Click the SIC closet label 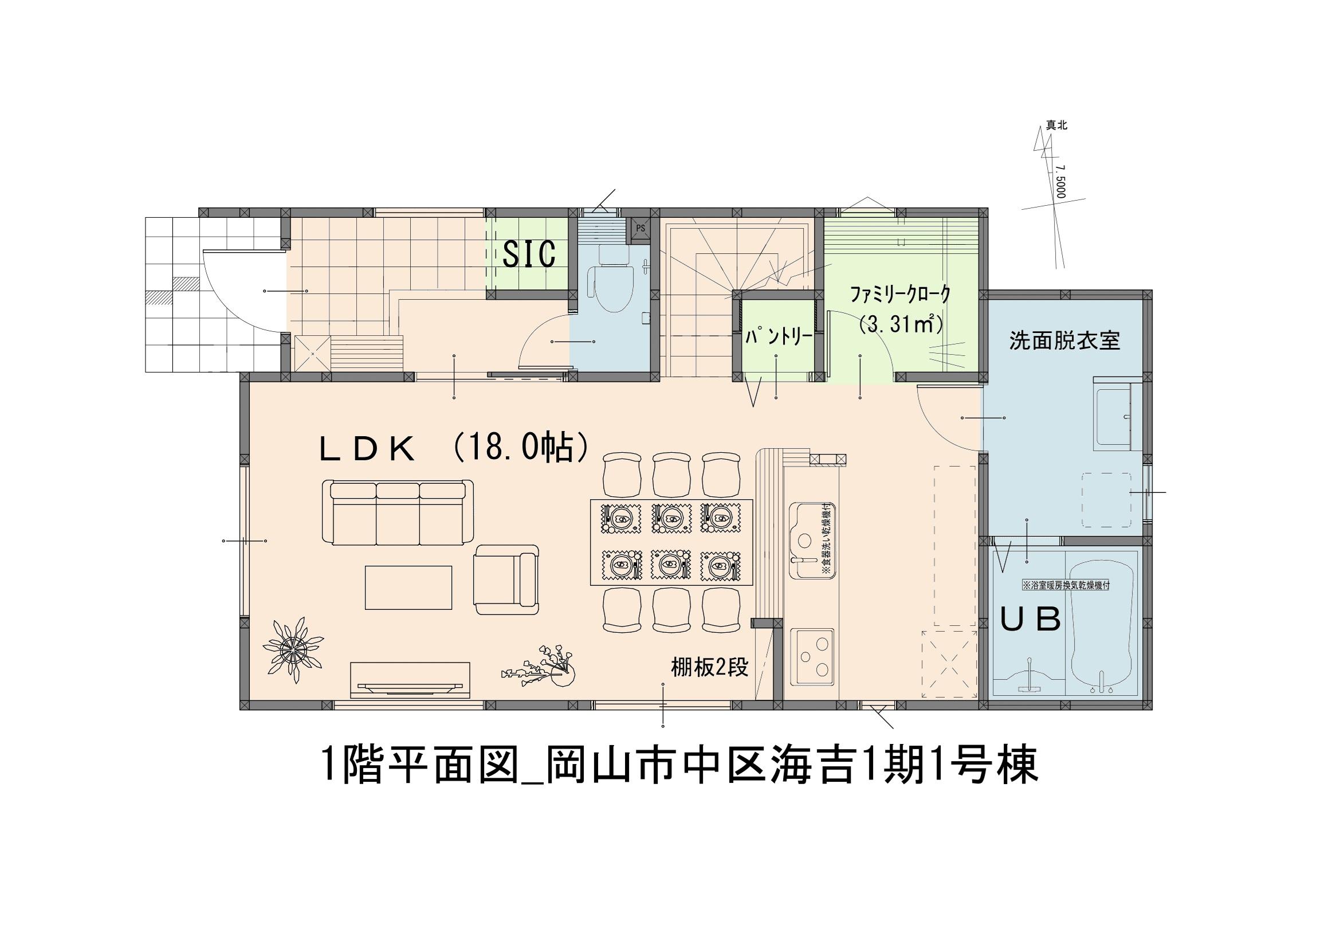click(529, 254)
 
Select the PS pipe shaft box click(640, 228)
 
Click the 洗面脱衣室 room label click(1064, 341)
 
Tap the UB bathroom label click(1031, 620)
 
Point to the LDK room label click(367, 449)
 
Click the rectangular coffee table click(408, 587)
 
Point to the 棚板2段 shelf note click(709, 668)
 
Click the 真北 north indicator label click(1056, 126)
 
